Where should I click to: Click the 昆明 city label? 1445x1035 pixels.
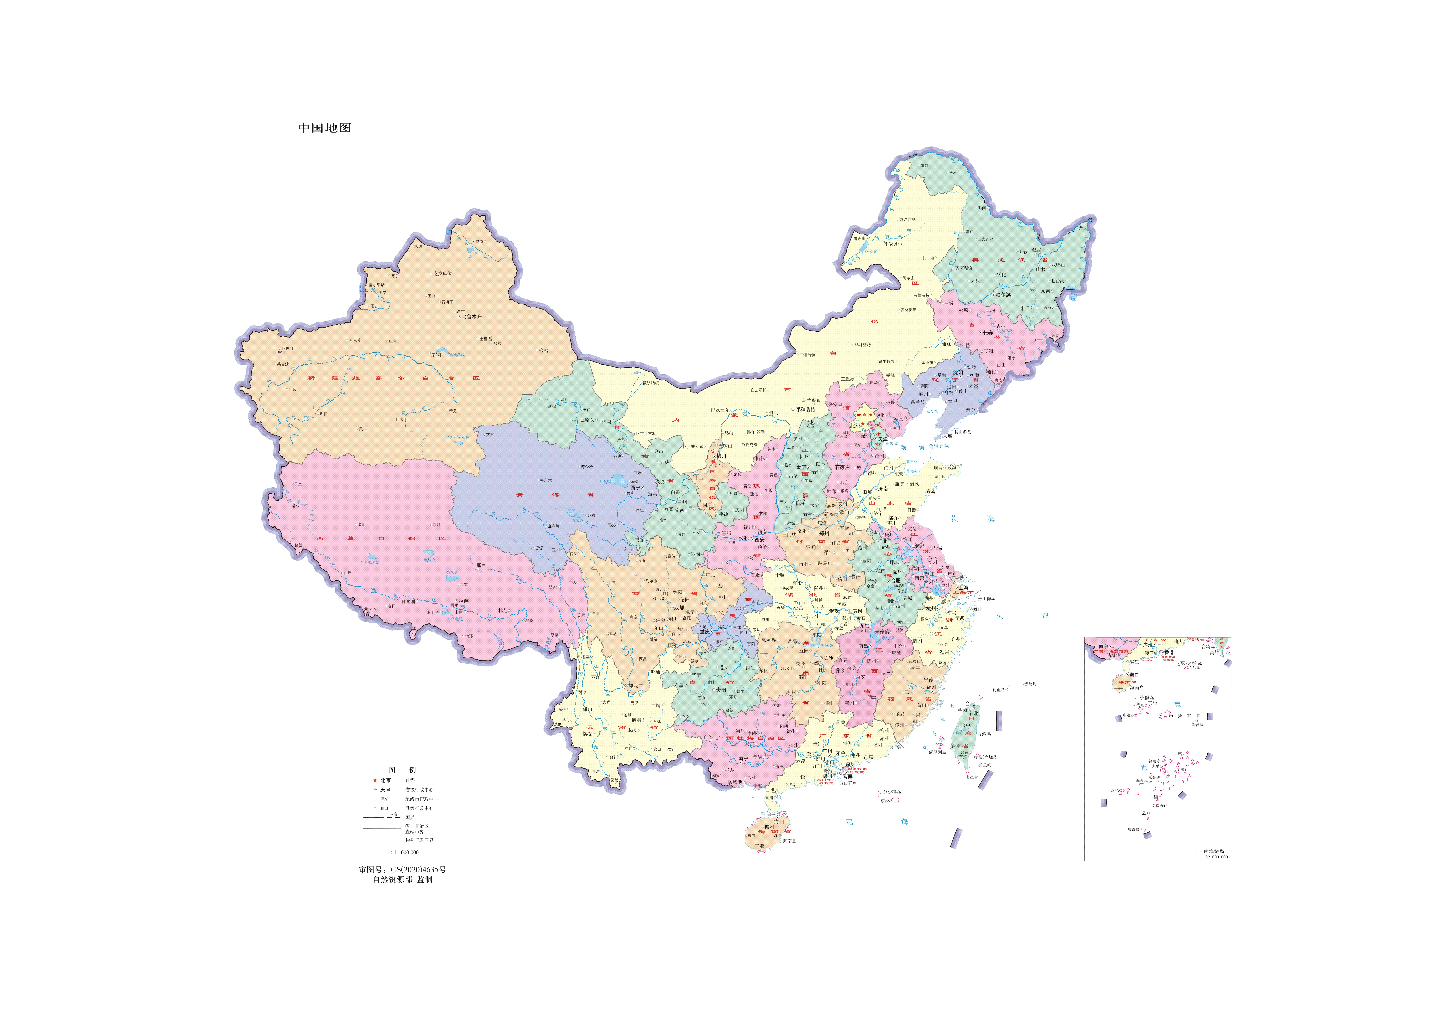point(636,720)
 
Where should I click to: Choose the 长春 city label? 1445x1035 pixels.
point(988,333)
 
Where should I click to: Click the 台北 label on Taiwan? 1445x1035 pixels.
point(970,704)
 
